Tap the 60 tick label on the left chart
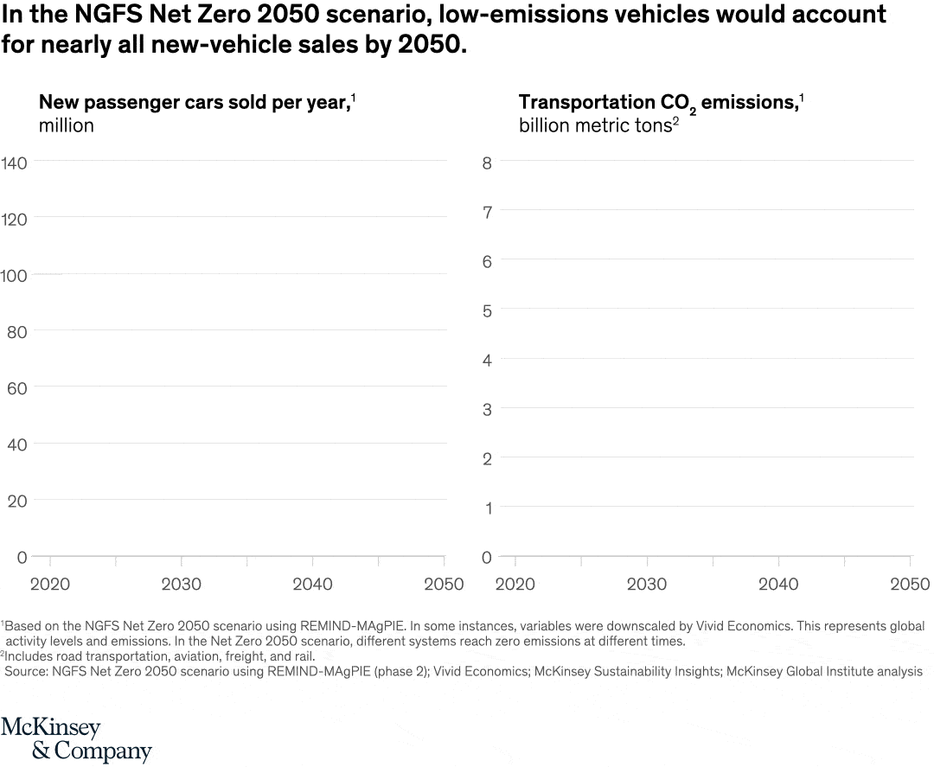(17, 388)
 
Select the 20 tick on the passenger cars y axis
(17, 501)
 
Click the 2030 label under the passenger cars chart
(182, 585)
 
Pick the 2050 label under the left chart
(444, 585)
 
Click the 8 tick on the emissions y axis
(487, 163)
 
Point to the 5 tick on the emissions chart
(487, 310)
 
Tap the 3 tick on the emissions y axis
(487, 410)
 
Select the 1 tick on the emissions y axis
(487, 508)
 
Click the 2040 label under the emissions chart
(778, 585)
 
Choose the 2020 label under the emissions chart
(516, 585)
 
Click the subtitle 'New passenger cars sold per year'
(195, 102)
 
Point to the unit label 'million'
(67, 125)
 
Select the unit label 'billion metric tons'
(593, 125)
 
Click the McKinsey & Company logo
(76, 739)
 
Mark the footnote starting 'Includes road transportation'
(160, 655)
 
